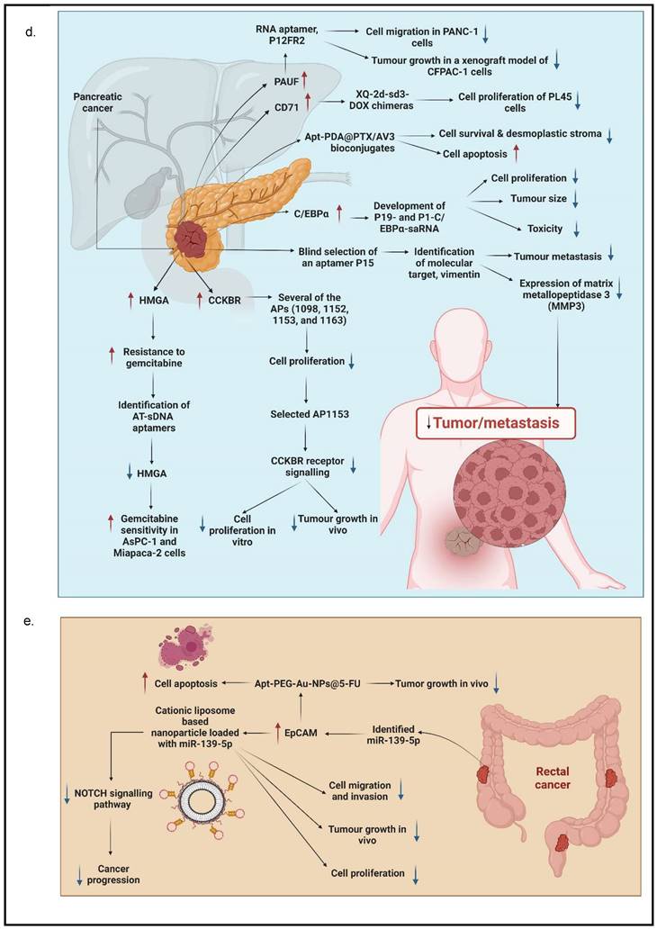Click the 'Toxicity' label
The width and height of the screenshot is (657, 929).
click(544, 228)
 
